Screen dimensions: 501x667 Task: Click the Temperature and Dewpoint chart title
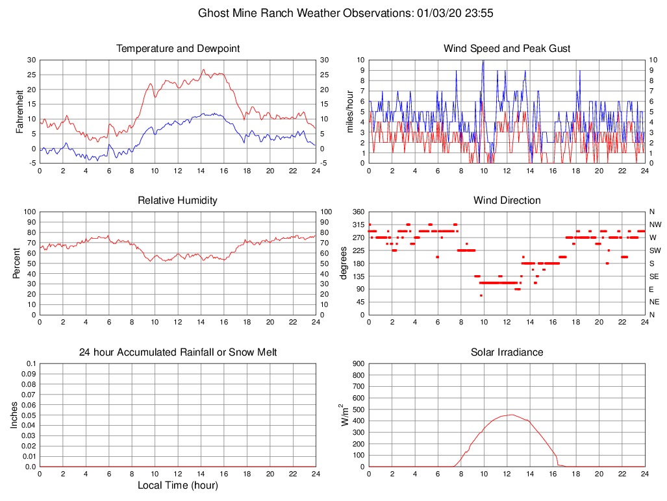pos(178,49)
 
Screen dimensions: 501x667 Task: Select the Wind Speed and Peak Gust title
pos(507,49)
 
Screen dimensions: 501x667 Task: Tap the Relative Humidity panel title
pos(178,201)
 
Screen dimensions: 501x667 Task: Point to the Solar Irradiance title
pos(507,352)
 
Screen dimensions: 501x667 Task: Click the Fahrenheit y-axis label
pos(20,111)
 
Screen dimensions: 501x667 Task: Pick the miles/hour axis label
pos(350,111)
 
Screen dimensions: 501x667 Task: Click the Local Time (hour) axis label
pos(178,485)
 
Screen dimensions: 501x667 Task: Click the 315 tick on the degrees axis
pos(358,225)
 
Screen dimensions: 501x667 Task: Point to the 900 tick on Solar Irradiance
pos(357,363)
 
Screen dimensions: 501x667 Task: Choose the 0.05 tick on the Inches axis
pos(28,415)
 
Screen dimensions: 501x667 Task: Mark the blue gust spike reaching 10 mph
pos(483,61)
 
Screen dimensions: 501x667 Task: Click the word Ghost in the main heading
pos(212,13)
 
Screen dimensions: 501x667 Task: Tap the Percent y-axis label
pos(17,263)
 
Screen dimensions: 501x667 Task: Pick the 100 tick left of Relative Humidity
pos(29,212)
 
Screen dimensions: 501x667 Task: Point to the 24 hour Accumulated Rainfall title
pos(178,352)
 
